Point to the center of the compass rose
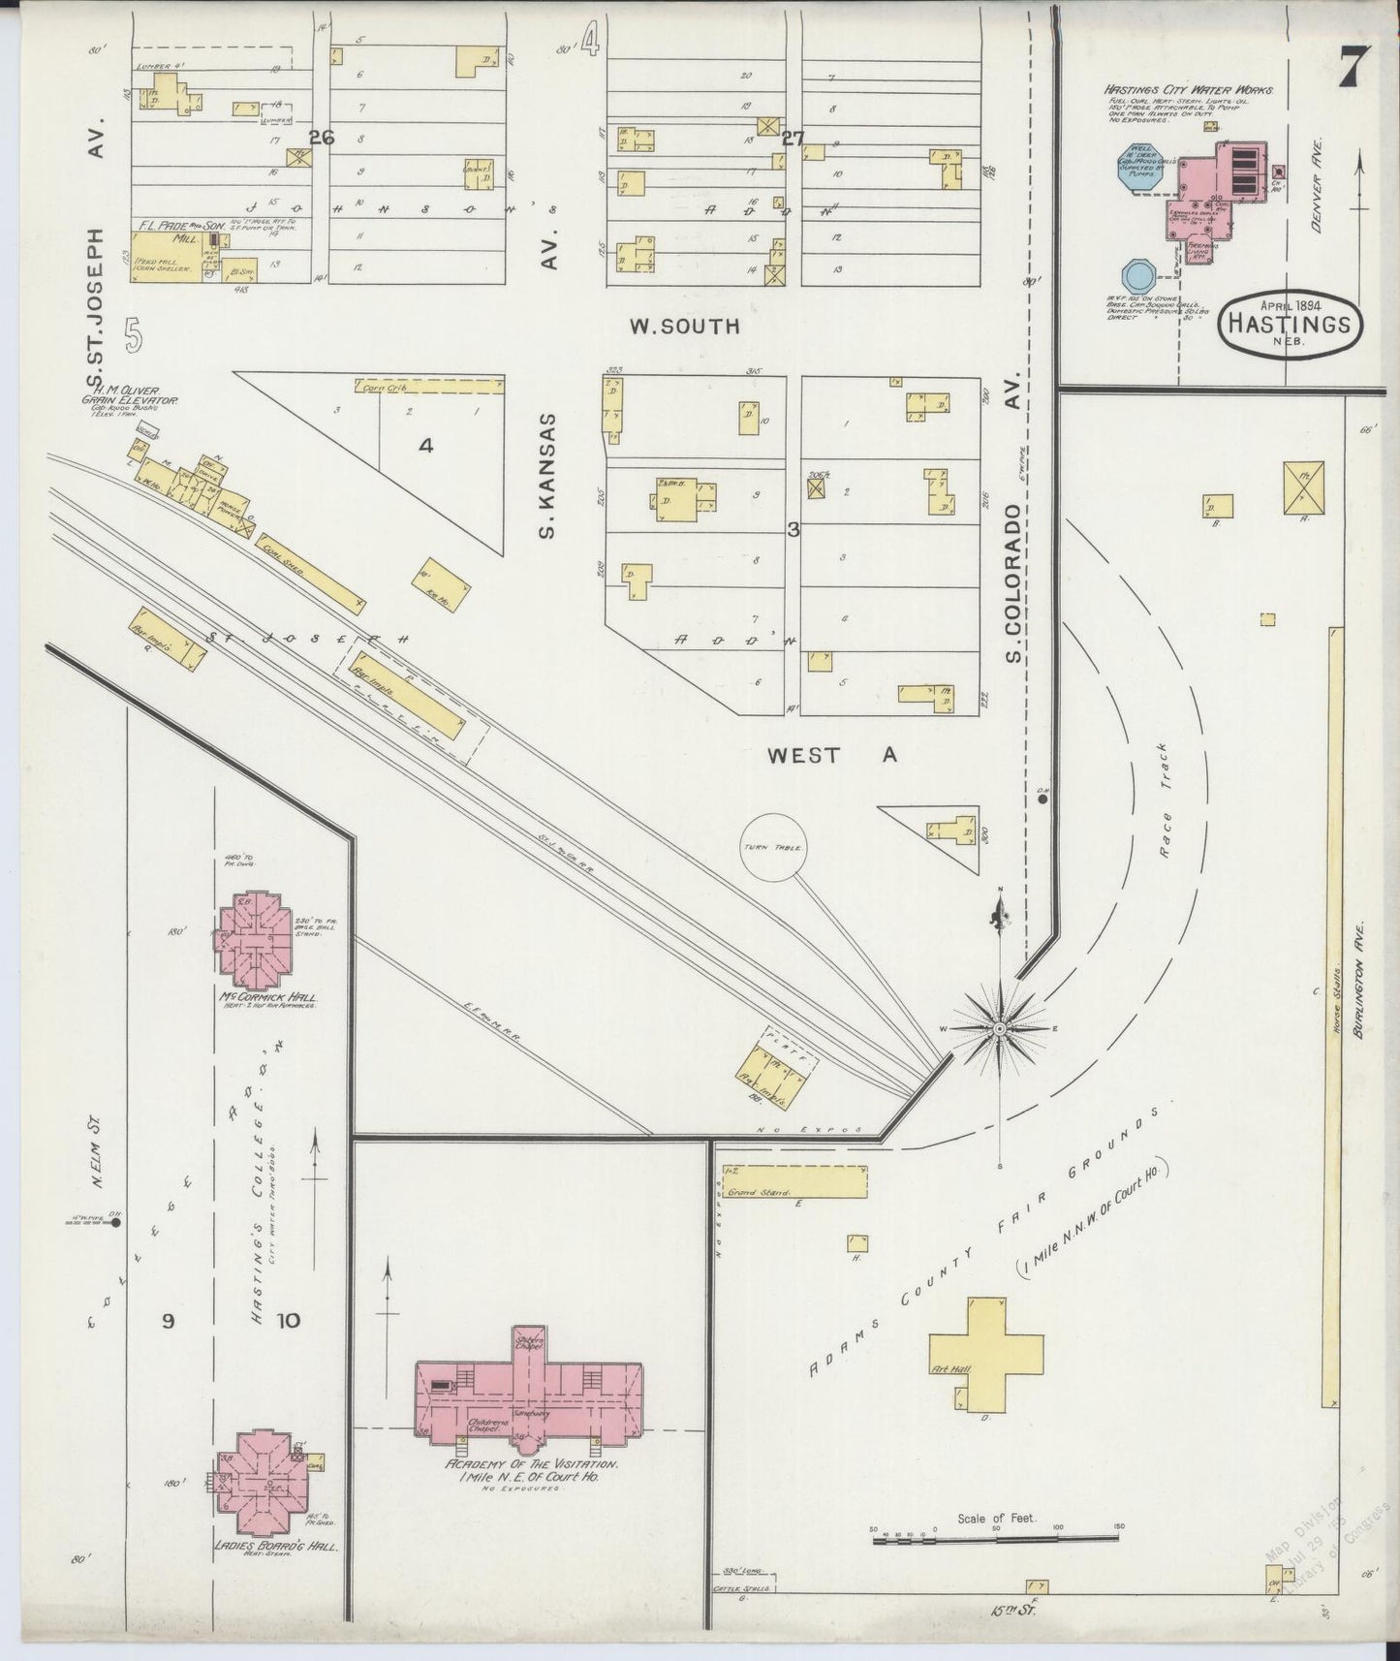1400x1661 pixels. pos(999,1027)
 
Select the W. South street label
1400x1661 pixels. pos(684,327)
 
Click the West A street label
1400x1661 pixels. pos(831,755)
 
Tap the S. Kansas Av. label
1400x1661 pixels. pos(549,475)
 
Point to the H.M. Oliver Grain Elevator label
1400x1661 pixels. pos(126,394)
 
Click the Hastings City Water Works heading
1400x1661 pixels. pos(1189,89)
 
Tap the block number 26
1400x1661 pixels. pos(322,138)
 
